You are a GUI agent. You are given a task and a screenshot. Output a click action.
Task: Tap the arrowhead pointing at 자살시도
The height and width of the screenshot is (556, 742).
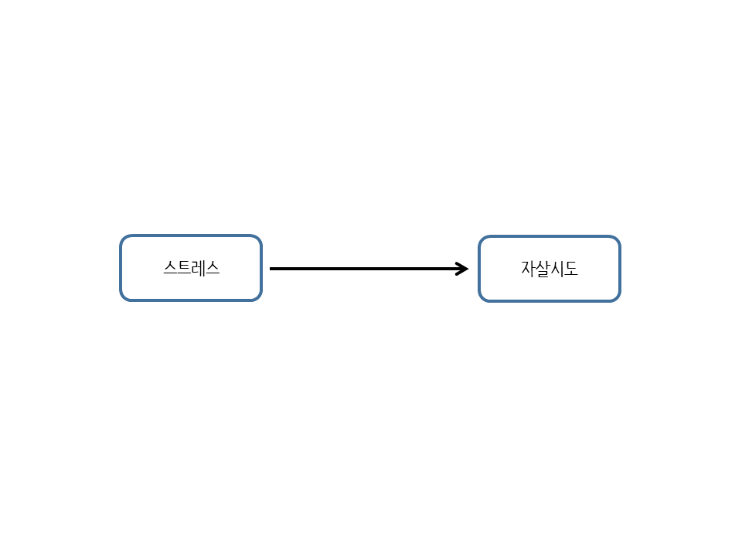click(462, 269)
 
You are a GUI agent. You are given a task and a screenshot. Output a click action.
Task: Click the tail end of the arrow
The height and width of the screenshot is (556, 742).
click(271, 269)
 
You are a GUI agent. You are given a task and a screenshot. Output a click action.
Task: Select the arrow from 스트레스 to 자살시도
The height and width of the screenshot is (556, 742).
click(369, 269)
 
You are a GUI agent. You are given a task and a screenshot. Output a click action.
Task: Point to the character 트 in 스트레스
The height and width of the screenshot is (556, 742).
click(184, 268)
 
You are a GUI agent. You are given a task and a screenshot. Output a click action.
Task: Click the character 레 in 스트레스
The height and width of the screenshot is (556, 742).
click(199, 268)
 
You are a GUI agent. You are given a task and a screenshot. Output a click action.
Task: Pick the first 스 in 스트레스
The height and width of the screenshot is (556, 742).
click(170, 268)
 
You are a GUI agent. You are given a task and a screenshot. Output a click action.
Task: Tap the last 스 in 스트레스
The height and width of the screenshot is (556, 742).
click(213, 268)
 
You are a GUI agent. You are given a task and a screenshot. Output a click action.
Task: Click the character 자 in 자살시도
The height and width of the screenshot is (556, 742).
click(528, 269)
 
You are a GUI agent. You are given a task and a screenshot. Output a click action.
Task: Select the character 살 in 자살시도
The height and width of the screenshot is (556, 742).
click(543, 269)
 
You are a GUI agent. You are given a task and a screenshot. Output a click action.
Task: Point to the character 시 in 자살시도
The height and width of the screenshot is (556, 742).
click(556, 269)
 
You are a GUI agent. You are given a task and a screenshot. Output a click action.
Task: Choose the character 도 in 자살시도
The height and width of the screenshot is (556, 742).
click(570, 269)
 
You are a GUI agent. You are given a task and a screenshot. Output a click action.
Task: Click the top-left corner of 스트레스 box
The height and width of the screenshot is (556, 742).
click(121, 235)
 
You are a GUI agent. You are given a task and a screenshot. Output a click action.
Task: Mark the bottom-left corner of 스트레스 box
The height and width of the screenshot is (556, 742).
click(121, 300)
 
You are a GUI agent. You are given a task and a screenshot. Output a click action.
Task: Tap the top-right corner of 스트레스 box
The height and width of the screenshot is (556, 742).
click(262, 235)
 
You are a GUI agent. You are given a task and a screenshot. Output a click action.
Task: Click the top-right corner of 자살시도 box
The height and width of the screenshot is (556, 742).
click(621, 236)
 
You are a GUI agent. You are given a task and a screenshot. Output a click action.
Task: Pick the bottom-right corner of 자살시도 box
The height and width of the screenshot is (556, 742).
click(621, 302)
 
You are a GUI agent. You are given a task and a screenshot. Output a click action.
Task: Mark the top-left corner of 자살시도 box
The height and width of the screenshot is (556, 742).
click(479, 236)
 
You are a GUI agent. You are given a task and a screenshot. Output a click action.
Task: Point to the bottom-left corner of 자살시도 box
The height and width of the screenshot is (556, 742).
click(479, 302)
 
